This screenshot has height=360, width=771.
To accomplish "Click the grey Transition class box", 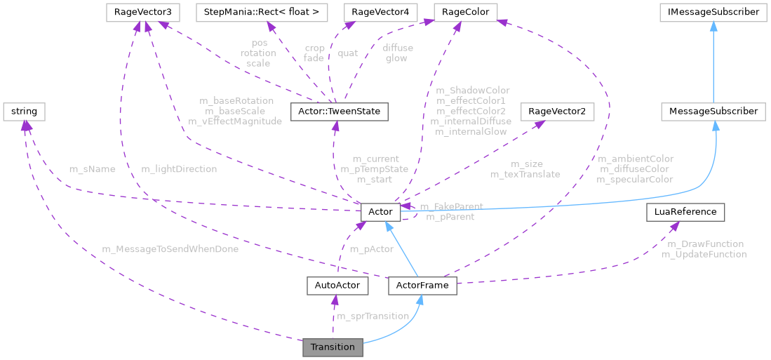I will (333, 347).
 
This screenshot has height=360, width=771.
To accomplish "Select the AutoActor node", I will (338, 286).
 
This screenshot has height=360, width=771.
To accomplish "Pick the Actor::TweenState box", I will (335, 111).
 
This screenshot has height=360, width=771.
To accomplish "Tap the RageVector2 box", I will (551, 111).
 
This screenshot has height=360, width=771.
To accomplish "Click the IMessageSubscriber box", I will (712, 12).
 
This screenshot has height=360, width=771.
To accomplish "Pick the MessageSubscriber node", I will (713, 111).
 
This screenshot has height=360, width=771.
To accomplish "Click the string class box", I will (25, 111).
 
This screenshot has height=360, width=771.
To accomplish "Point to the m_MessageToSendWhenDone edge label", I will (170, 249).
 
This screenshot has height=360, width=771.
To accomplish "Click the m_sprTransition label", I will (373, 316).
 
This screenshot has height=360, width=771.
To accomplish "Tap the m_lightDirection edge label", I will (179, 169).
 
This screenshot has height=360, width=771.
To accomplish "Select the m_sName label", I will (92, 169).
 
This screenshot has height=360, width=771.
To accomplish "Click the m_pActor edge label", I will (372, 249).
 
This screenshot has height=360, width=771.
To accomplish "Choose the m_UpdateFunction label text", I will (704, 254).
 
